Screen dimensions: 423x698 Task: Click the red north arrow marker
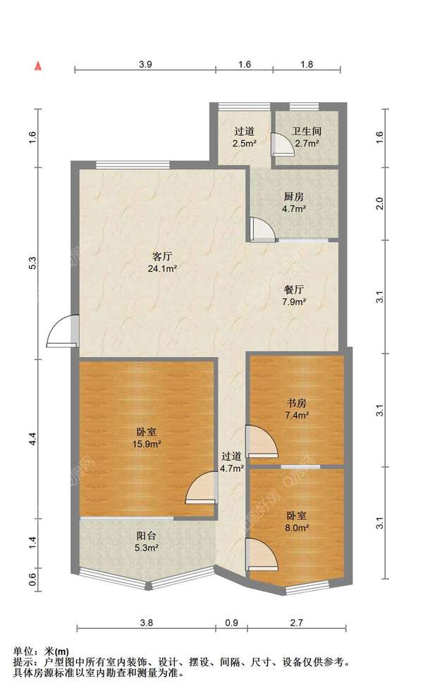click(x=39, y=66)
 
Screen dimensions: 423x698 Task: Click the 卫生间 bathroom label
click(x=307, y=131)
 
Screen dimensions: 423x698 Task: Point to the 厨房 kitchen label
click(x=294, y=197)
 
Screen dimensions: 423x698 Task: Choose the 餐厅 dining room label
click(x=294, y=289)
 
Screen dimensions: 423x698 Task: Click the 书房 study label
click(x=296, y=404)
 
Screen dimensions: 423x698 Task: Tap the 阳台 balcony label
click(x=146, y=536)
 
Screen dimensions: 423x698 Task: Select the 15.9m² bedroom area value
click(x=147, y=444)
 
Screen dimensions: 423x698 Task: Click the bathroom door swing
click(x=283, y=143)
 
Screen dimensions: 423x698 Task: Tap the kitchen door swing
click(x=262, y=229)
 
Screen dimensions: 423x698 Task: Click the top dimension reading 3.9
click(x=145, y=64)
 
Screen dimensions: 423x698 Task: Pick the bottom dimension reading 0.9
click(x=232, y=623)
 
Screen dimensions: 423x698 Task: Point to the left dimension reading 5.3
click(x=32, y=263)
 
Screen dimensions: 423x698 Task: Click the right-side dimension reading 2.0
click(x=379, y=204)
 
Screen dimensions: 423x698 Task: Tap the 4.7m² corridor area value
click(x=232, y=468)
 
